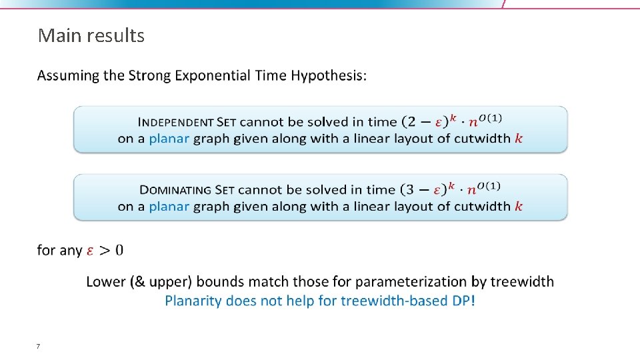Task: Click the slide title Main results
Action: (91, 35)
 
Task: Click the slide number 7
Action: (38, 346)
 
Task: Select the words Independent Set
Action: (187, 122)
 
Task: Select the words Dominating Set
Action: (187, 190)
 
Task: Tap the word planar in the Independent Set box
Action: (169, 139)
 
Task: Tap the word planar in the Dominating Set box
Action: (169, 207)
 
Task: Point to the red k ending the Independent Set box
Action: (519, 139)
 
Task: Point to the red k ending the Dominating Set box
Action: (519, 207)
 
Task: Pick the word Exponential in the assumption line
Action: (213, 76)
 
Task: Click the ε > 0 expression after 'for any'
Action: (105, 251)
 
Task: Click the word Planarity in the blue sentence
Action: (193, 301)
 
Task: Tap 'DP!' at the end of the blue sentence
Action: (464, 301)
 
